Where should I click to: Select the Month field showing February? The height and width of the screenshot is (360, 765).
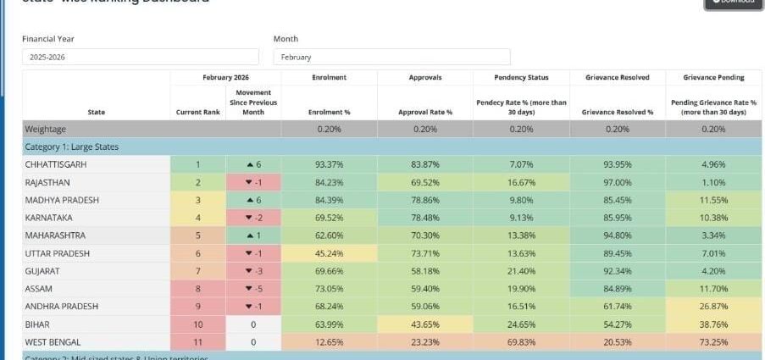[x=391, y=57]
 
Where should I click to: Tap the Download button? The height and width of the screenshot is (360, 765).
[x=734, y=3]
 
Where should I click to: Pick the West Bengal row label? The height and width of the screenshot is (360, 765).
[x=53, y=341]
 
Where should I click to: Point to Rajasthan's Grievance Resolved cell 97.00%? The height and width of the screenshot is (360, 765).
[x=619, y=181]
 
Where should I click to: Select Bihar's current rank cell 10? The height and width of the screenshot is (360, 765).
[x=197, y=324]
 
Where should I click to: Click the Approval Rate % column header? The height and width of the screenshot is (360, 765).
[x=424, y=111]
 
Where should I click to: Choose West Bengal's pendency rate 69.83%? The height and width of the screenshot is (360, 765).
[x=521, y=341]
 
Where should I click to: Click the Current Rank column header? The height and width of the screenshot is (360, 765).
[x=197, y=111]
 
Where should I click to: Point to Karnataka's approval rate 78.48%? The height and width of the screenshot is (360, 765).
[x=424, y=217]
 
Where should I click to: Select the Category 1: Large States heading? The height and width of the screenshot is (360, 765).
[x=72, y=147]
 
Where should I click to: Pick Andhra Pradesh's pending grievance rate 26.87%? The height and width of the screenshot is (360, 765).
[x=714, y=306]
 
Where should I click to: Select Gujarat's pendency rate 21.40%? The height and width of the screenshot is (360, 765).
[x=521, y=270]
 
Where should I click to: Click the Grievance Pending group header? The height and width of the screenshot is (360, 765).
[x=714, y=77]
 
